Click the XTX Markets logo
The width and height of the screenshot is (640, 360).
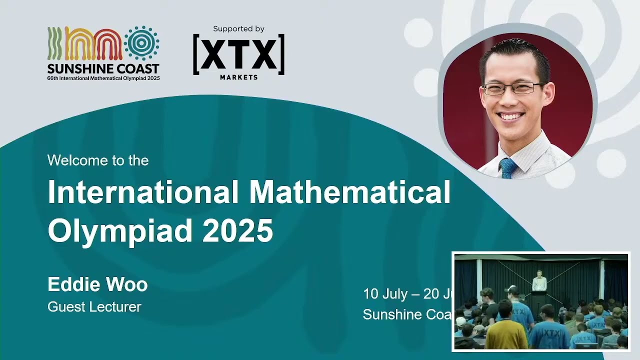238,54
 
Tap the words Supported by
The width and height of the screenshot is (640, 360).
238,29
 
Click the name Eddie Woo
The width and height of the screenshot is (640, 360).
97,284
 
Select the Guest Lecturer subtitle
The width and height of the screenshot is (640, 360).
94,306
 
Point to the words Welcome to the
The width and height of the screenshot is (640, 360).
98,160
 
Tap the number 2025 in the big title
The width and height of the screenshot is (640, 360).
238,230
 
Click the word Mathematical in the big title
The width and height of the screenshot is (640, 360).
349,192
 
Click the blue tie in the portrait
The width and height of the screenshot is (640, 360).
508,168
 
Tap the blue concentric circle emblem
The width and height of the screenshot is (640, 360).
141,43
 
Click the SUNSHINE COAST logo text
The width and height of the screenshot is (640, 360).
103,68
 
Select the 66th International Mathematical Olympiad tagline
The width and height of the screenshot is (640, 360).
103,78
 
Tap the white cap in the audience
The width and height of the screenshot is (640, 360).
510,289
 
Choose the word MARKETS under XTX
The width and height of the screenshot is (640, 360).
238,77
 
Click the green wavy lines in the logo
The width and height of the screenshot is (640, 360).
54,44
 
